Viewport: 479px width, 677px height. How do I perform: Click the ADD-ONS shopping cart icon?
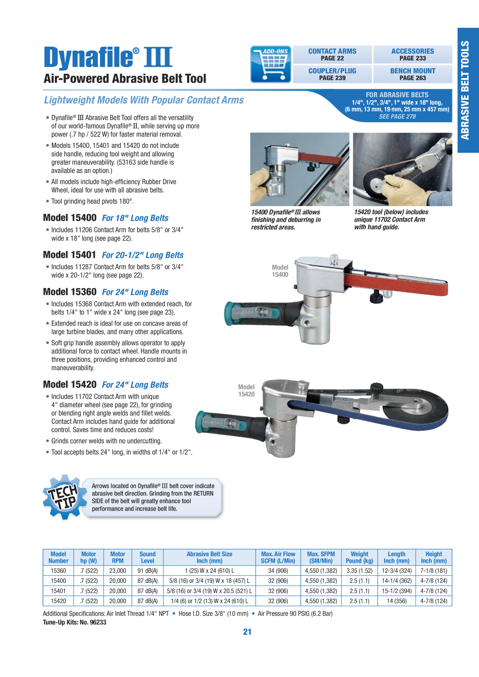pos(270,64)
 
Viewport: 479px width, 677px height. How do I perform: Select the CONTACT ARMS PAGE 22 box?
pos(332,54)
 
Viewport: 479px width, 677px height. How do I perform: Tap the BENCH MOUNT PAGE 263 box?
pos(413,74)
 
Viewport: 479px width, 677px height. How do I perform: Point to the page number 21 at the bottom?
pos(247,632)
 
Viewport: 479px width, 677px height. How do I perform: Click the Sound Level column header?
pos(148,557)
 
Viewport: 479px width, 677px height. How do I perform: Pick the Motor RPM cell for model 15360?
pos(118,570)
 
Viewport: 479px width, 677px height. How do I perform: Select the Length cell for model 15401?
pos(397,591)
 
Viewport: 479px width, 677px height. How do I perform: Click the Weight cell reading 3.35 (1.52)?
pos(359,570)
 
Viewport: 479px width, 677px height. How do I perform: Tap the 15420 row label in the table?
pos(58,601)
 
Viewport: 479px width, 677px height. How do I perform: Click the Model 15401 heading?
pos(70,255)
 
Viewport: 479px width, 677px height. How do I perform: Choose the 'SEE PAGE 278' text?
pos(397,117)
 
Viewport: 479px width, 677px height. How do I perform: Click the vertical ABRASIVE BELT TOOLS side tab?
pos(468,90)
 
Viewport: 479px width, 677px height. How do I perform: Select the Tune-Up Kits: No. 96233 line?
pos(75,622)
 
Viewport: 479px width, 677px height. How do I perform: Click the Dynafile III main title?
pos(108,57)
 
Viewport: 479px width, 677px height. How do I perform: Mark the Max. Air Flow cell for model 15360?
pos(278,570)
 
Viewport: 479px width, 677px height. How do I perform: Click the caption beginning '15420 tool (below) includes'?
pos(391,220)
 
